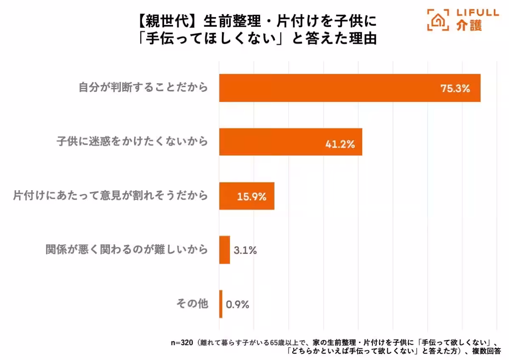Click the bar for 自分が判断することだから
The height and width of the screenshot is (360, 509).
[350, 88]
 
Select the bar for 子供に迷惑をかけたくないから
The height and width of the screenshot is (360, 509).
[291, 142]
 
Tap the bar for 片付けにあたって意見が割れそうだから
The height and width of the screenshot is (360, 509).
[246, 196]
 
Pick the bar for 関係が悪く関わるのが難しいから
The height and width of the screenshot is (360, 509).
[224, 250]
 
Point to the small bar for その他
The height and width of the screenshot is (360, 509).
[221, 304]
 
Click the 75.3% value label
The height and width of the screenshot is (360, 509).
[455, 89]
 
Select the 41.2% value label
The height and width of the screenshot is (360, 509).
[340, 144]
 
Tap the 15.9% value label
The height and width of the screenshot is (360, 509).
[252, 197]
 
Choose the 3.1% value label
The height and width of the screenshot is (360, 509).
[245, 250]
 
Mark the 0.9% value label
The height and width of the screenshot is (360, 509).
[238, 304]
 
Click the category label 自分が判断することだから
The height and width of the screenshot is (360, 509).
[143, 88]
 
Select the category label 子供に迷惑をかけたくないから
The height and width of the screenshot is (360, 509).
[132, 141]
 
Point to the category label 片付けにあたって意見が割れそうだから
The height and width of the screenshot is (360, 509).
[110, 196]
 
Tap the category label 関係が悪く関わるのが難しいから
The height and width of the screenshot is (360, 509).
[127, 250]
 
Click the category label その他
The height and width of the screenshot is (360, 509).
[192, 304]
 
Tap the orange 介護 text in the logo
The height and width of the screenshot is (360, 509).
[469, 26]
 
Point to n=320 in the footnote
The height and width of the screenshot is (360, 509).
[182, 342]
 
